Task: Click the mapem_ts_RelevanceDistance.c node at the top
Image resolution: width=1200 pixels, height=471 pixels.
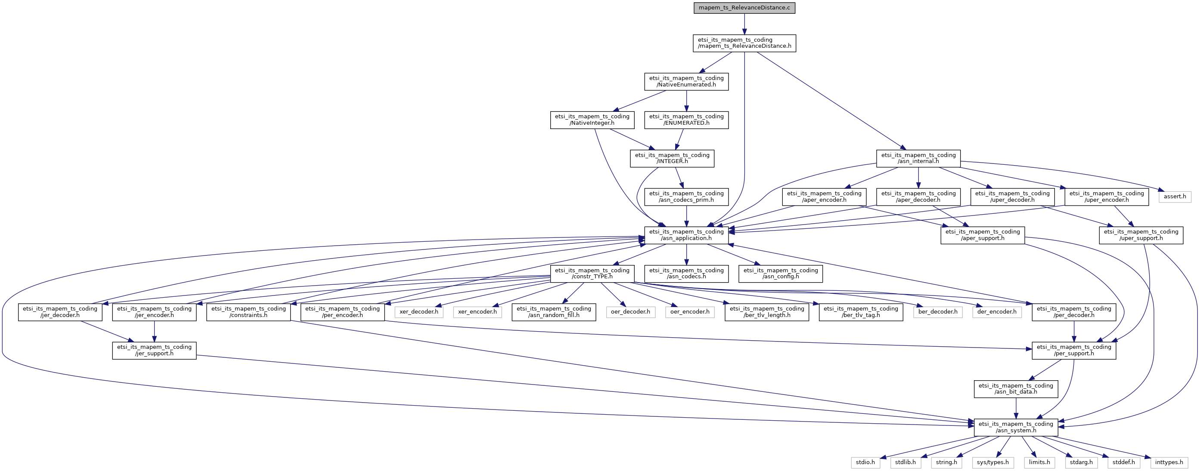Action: (744, 8)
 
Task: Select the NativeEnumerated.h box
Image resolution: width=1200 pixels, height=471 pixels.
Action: (686, 81)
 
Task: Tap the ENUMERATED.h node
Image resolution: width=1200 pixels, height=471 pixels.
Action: (686, 120)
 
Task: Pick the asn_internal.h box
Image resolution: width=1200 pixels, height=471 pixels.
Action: (918, 158)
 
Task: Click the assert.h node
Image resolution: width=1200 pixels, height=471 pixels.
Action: (1175, 197)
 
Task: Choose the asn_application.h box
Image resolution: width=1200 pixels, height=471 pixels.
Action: (686, 235)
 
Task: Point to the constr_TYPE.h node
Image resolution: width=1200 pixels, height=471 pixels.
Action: (592, 274)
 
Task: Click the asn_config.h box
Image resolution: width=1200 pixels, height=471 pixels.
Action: (780, 274)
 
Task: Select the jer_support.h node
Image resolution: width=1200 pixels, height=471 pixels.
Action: (154, 351)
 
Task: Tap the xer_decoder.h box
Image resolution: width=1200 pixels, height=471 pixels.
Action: (419, 312)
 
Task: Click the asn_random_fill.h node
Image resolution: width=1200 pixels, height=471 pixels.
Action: (554, 312)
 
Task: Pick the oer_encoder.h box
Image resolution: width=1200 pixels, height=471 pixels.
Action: (690, 312)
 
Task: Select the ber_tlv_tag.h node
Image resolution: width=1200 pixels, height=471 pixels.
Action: (861, 312)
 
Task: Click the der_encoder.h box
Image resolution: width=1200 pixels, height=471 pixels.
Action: (997, 312)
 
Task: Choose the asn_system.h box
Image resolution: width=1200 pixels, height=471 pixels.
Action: (1016, 427)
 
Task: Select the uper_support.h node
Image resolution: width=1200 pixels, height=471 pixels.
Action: (1141, 235)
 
